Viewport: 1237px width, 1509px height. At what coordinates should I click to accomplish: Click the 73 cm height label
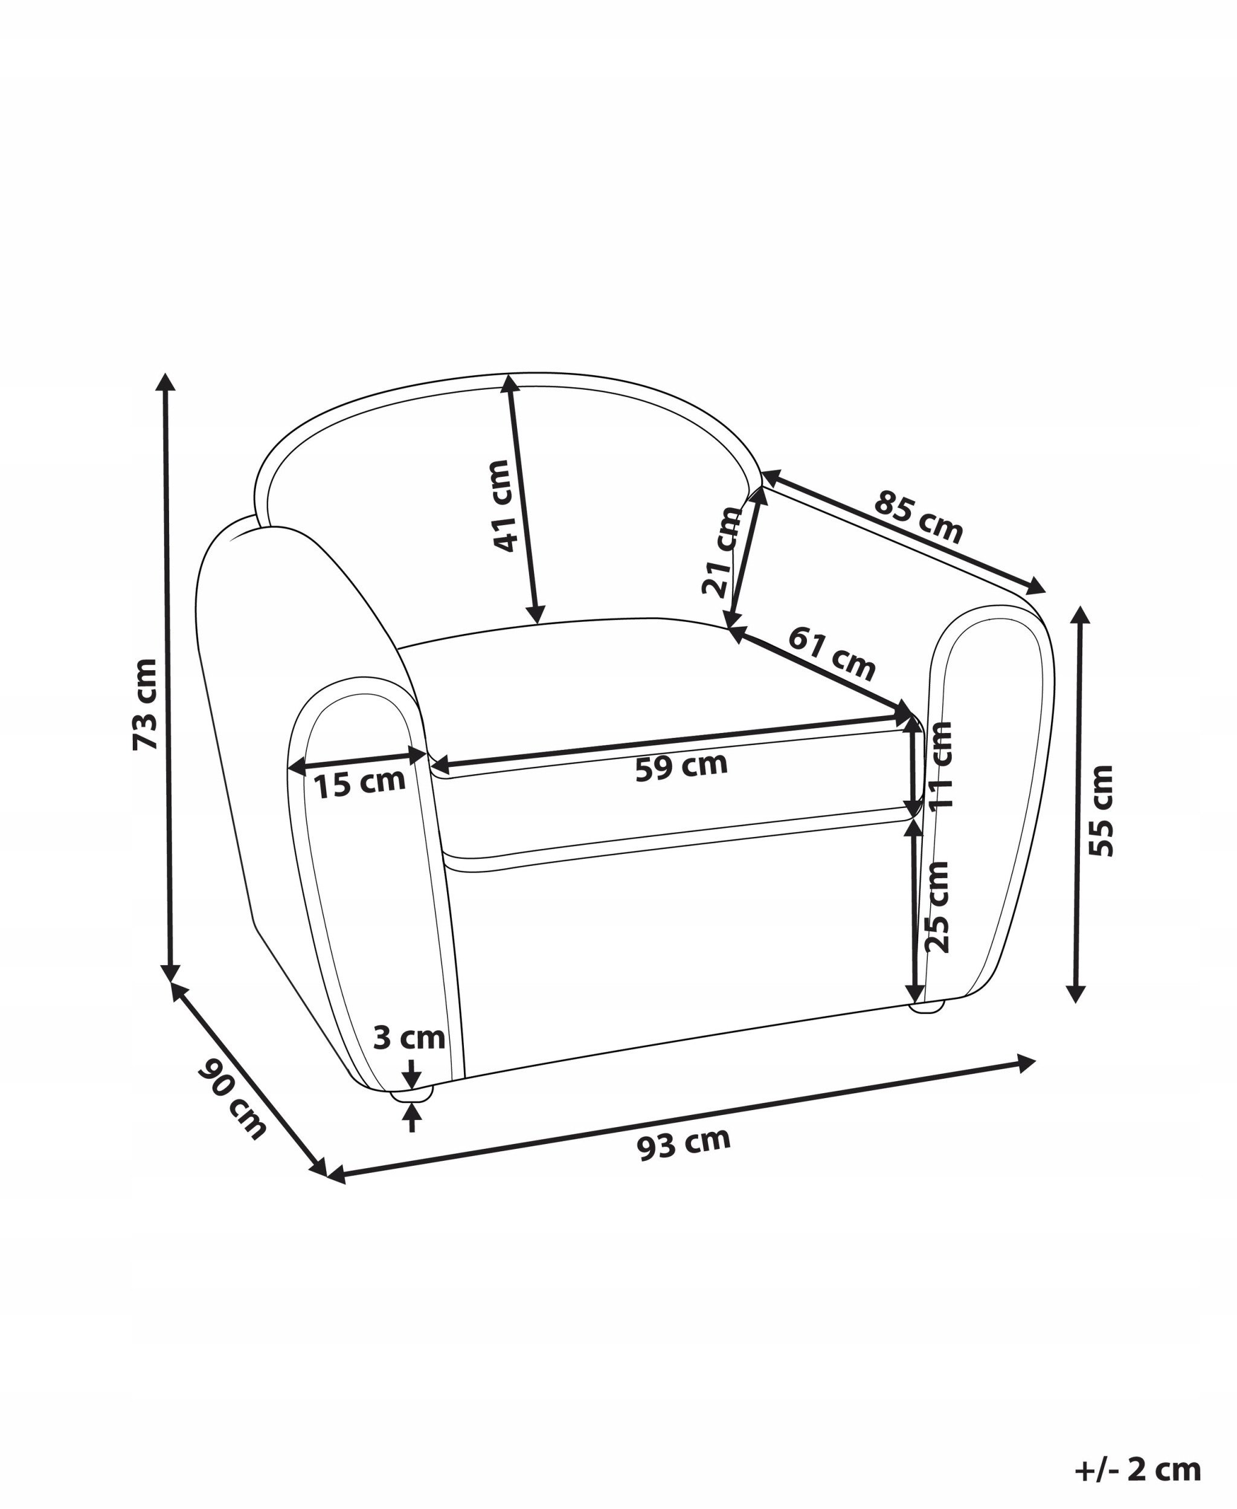[x=146, y=704]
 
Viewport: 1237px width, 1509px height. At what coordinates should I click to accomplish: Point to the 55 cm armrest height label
[x=1101, y=810]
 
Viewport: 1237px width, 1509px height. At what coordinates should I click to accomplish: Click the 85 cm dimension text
[x=919, y=517]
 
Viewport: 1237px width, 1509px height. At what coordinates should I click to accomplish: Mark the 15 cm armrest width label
[x=360, y=783]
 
